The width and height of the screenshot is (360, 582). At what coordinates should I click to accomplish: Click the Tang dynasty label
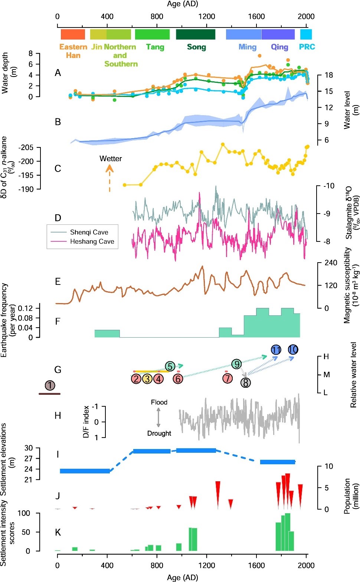[155, 47]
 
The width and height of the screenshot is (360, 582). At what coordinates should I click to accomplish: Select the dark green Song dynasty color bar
[196, 34]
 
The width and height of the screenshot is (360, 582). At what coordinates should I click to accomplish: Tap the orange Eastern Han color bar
[73, 34]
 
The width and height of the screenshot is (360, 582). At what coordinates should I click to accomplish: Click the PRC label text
[307, 47]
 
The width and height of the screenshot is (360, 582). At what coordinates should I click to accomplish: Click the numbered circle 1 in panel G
[50, 385]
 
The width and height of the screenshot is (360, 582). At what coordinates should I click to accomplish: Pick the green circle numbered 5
[170, 367]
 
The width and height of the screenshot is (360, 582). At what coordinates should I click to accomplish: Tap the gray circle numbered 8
[245, 382]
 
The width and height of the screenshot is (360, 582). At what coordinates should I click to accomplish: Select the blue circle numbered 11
[276, 349]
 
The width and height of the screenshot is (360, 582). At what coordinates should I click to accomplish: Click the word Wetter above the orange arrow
[111, 159]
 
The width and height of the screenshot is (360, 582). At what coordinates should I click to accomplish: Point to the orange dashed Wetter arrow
[109, 178]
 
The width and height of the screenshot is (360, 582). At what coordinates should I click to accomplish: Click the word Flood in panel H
[159, 402]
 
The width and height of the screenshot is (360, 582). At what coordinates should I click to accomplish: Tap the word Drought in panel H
[159, 433]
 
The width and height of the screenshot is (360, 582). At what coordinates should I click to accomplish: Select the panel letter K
[58, 533]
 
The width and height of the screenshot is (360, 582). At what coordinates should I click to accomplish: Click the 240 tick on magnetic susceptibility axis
[331, 263]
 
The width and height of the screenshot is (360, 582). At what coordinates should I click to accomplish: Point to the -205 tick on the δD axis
[26, 147]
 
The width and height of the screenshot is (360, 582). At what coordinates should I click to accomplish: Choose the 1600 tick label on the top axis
[256, 16]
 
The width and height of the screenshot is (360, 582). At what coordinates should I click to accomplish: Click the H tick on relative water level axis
[326, 357]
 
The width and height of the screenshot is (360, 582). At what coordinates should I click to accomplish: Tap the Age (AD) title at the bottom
[182, 577]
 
